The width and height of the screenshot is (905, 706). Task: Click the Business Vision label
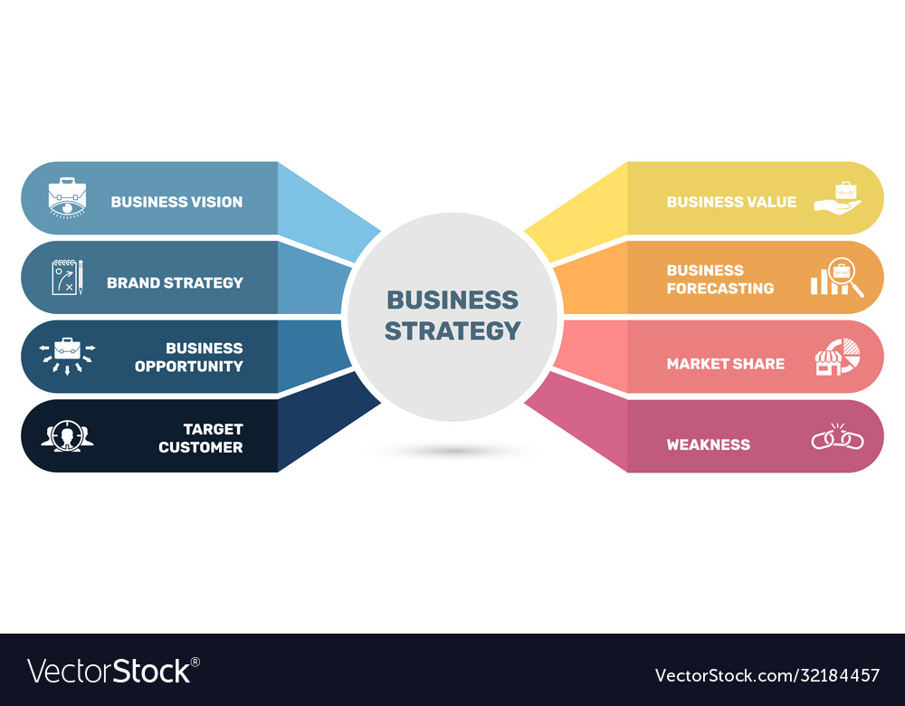tap(176, 202)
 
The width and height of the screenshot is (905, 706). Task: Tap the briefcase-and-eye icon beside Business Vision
tap(68, 198)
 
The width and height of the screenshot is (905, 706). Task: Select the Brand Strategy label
tap(175, 283)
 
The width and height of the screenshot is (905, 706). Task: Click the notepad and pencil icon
tap(68, 278)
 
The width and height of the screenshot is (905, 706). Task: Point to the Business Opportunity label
tap(189, 358)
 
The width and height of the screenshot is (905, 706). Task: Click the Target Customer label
tap(201, 438)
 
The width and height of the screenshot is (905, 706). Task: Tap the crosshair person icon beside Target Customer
tap(68, 436)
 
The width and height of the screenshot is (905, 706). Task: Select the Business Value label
tap(731, 202)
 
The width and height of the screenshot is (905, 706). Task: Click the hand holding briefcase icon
tap(837, 198)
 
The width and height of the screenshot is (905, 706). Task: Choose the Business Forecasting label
tap(720, 280)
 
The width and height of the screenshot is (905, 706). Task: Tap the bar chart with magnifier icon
tap(837, 278)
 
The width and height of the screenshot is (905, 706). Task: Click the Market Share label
tap(726, 364)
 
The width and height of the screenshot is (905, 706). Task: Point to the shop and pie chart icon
tap(837, 357)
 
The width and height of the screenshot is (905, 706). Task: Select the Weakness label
tap(709, 444)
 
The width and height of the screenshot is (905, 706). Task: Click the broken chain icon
tap(837, 437)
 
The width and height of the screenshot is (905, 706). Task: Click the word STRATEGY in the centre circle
tap(452, 330)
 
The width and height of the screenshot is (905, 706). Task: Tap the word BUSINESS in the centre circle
tap(452, 301)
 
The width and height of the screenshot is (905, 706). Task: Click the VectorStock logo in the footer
tap(113, 672)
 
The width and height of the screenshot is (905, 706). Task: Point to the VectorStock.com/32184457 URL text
tap(767, 675)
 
